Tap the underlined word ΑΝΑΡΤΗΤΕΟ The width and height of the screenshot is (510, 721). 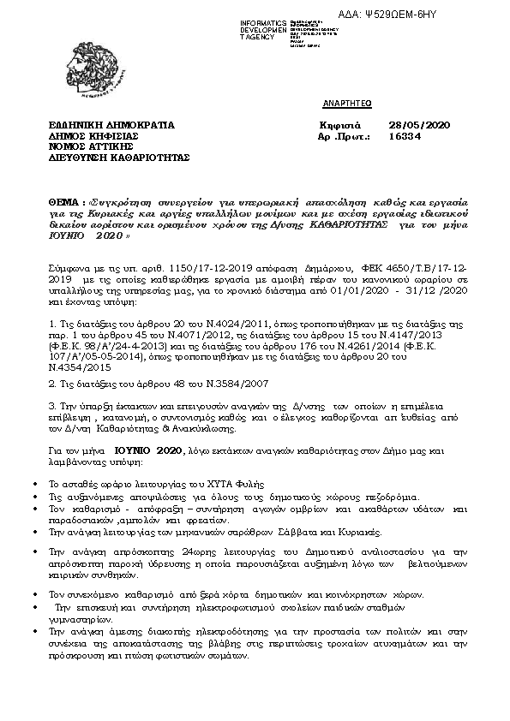click(x=344, y=102)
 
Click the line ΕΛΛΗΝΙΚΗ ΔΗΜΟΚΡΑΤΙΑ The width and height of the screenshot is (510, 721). click(x=111, y=124)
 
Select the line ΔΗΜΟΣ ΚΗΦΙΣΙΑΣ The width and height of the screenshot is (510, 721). click(x=93, y=135)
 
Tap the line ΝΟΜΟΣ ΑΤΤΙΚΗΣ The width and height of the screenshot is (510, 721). click(x=91, y=146)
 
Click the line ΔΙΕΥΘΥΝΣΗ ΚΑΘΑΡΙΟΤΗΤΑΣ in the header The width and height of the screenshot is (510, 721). click(x=119, y=158)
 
